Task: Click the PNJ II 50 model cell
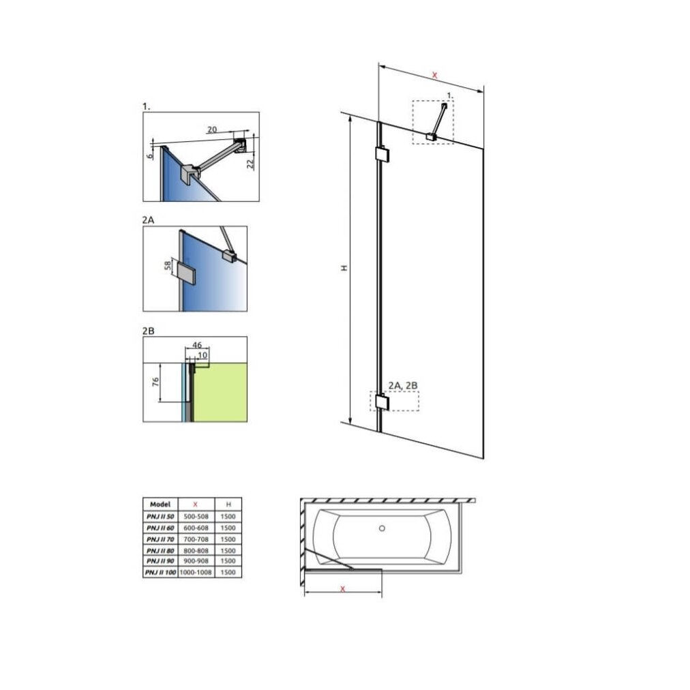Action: [x=160, y=516]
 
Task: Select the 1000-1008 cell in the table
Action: [x=196, y=573]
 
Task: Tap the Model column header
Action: [x=160, y=505]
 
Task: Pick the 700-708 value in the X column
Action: [x=196, y=539]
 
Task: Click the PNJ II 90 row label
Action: [x=160, y=561]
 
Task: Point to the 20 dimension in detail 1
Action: [x=212, y=130]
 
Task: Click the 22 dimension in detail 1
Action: [x=250, y=164]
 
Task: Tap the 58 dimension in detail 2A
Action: [x=168, y=266]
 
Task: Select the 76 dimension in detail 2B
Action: [x=155, y=382]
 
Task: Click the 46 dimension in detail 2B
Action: [x=196, y=345]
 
